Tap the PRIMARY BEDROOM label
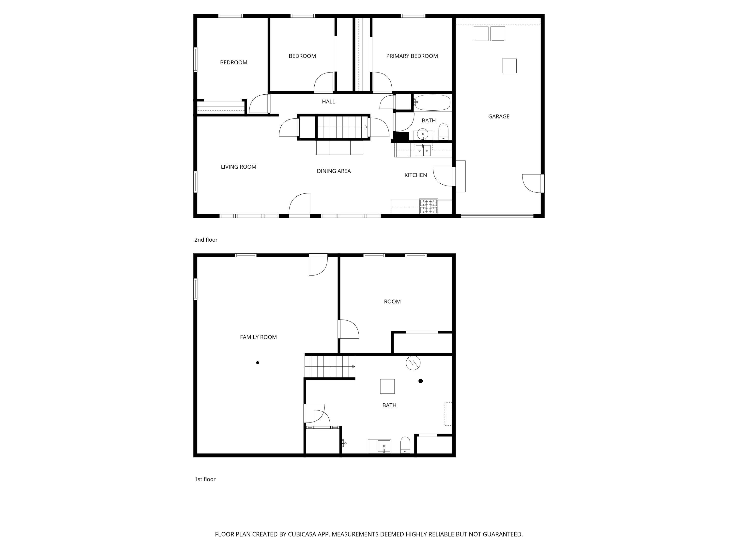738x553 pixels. [412, 56]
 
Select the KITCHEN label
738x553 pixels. [415, 175]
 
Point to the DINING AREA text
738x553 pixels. [334, 171]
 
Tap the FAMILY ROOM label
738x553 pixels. [258, 337]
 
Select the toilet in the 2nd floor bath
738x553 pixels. [443, 132]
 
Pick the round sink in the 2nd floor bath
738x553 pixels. [422, 134]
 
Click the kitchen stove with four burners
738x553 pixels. [428, 206]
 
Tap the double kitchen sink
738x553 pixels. [423, 150]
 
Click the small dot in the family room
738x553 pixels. [258, 363]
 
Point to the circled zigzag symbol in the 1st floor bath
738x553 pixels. [413, 363]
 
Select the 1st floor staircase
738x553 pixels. [330, 367]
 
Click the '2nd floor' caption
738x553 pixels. [206, 240]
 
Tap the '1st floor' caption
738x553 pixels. [205, 479]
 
